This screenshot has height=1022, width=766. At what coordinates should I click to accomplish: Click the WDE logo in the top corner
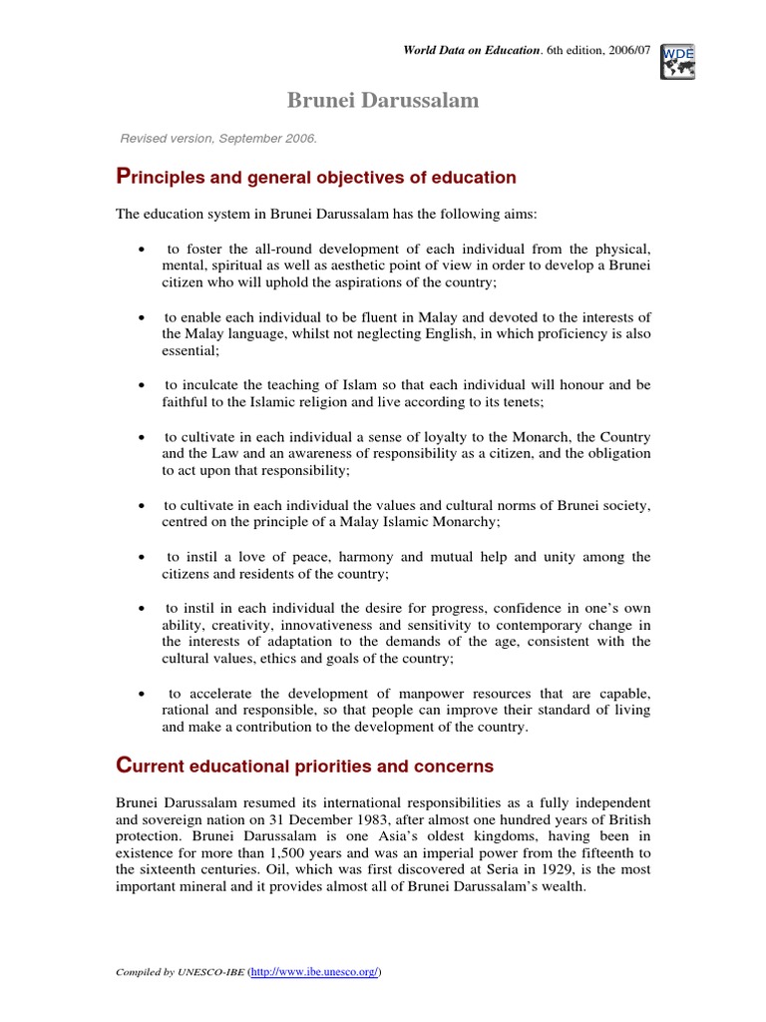pos(678,61)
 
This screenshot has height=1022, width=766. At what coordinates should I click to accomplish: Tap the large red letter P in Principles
pos(124,177)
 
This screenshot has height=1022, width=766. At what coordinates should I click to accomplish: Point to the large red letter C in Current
pos(125,766)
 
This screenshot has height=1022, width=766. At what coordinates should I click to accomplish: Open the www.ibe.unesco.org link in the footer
pos(311,971)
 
